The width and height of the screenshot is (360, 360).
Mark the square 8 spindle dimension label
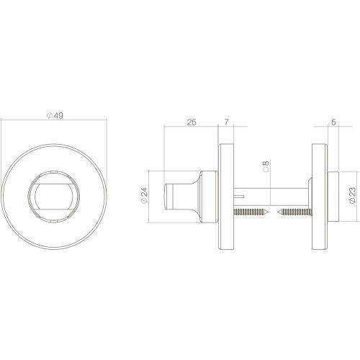[x=266, y=170]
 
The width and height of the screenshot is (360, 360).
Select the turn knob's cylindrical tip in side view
[x=174, y=194]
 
